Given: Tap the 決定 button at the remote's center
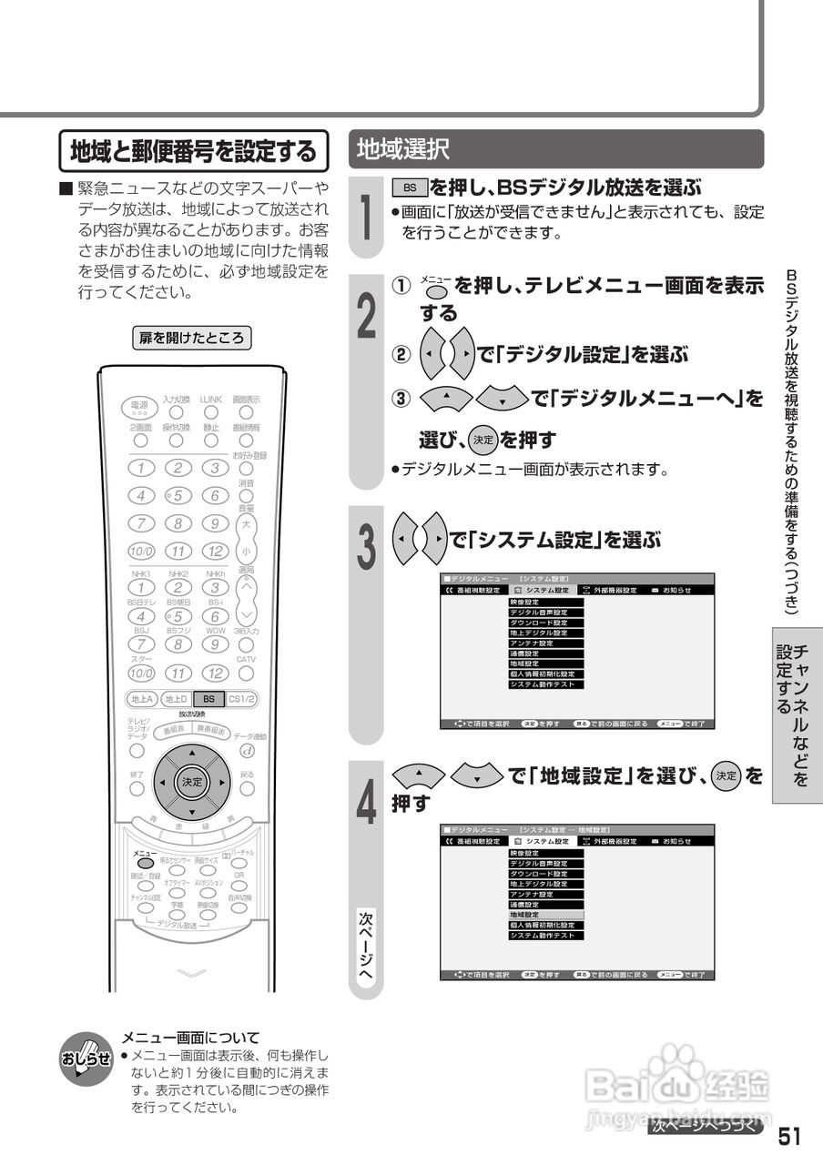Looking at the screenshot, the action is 191,782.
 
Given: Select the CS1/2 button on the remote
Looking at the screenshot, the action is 242,699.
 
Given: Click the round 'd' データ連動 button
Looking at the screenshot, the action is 246,751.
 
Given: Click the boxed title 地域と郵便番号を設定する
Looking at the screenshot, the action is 193,151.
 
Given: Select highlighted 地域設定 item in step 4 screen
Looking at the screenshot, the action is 545,914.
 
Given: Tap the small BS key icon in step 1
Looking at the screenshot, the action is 410,187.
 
